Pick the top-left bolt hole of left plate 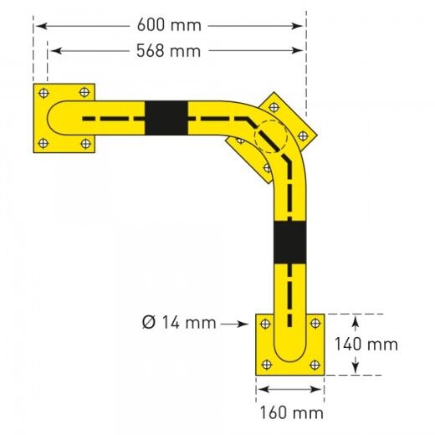click(x=44, y=92)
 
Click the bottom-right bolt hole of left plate click(x=84, y=144)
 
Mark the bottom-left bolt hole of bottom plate click(x=266, y=364)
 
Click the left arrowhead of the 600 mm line click(x=38, y=26)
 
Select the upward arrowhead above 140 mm click(x=357, y=319)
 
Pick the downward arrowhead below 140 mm click(x=357, y=370)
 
